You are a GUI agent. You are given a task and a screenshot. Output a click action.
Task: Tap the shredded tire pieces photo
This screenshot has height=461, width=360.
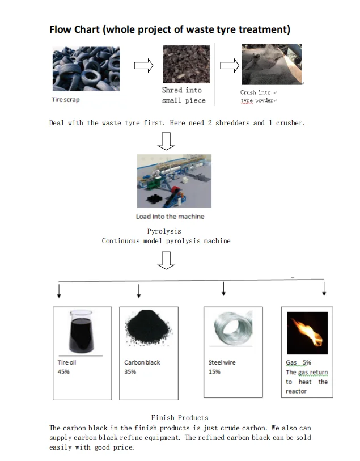coord(185,65)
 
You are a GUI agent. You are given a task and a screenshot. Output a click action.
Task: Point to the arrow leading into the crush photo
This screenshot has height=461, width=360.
coord(229,66)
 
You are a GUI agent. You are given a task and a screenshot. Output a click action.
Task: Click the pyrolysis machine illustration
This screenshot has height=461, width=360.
coord(173,181)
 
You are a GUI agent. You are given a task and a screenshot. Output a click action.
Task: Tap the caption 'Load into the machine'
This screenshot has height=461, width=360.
coord(170,217)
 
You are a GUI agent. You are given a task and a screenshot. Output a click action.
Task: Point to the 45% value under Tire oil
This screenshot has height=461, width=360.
coord(63,372)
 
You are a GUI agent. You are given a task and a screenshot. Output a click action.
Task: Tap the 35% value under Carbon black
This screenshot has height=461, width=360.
coord(130,372)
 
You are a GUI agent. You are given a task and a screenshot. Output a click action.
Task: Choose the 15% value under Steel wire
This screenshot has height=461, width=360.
coord(214,372)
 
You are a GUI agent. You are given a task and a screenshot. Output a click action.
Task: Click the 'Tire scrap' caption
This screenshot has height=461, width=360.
coord(66,100)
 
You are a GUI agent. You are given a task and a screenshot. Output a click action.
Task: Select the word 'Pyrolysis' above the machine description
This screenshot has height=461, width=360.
coord(164,231)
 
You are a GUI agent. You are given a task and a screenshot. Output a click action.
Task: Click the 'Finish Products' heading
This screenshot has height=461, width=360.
coord(179,418)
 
